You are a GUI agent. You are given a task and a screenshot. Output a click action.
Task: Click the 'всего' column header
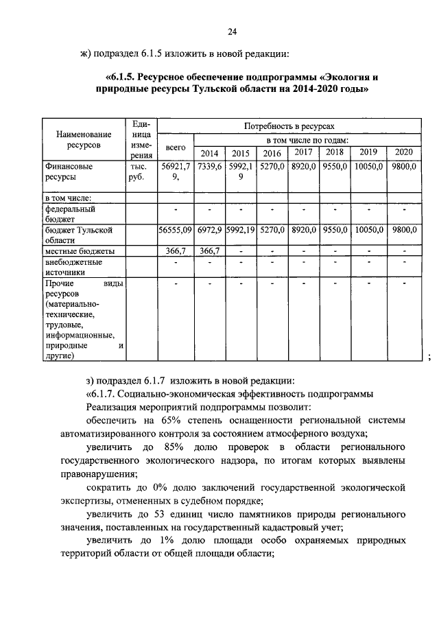point(176,148)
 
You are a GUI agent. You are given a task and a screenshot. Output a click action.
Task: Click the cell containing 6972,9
point(210,230)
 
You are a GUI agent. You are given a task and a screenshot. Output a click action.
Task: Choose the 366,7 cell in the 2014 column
point(210,252)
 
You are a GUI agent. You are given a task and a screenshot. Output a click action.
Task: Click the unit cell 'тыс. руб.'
point(139,172)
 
